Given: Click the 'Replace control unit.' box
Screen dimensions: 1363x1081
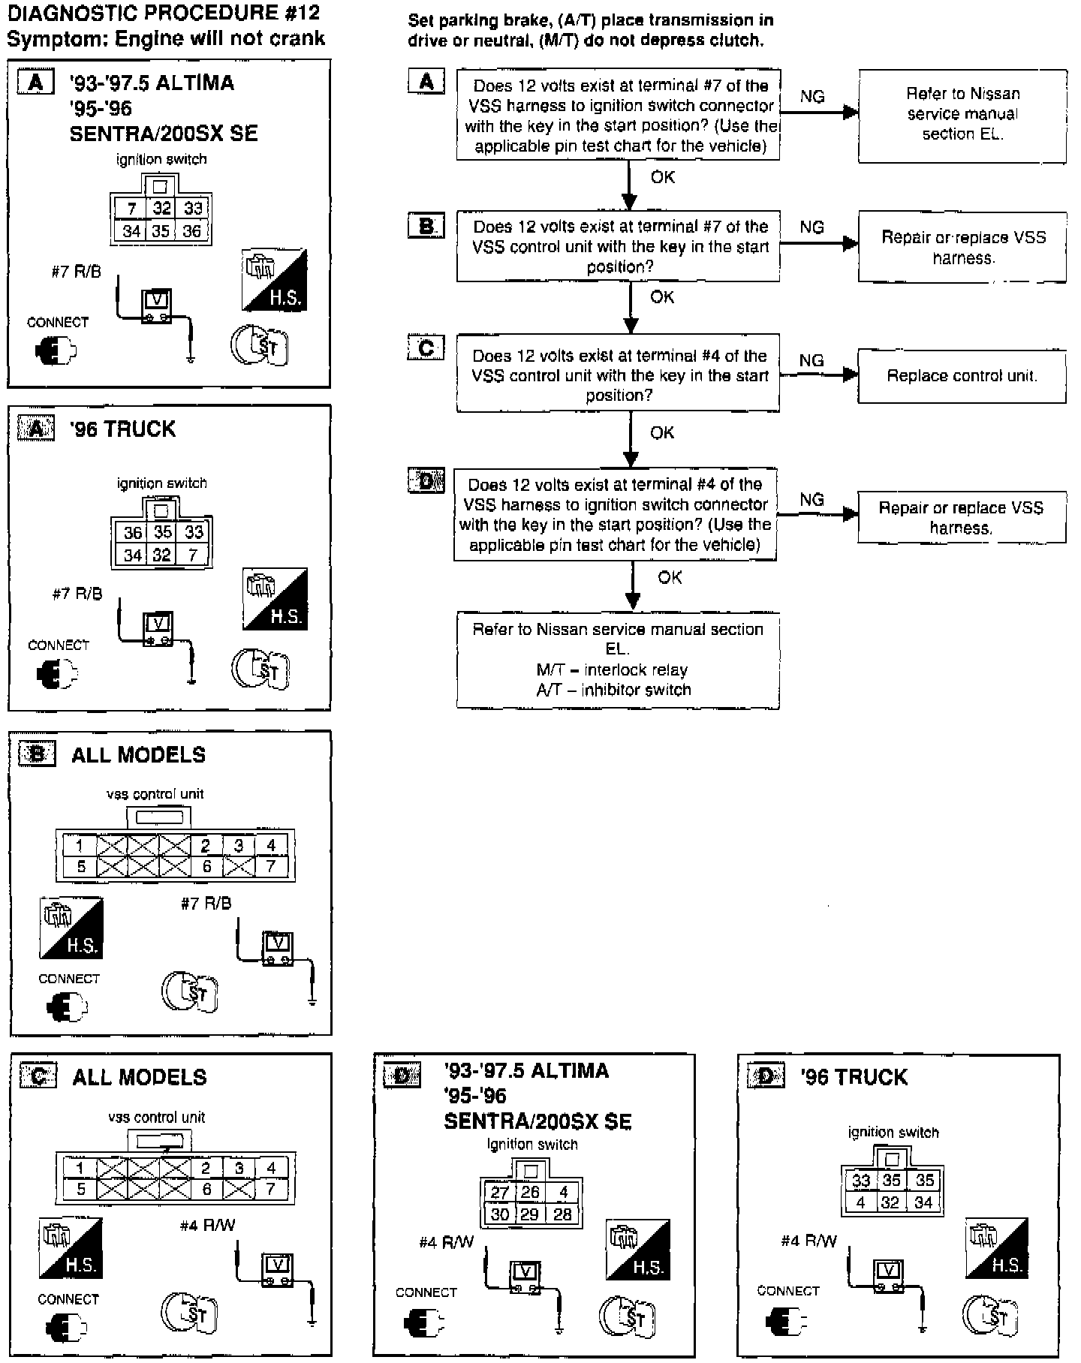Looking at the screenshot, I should click(x=962, y=375).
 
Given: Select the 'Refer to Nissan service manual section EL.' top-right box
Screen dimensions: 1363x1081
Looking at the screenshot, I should click(x=962, y=115).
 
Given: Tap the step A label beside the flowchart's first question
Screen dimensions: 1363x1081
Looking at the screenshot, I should click(x=426, y=81).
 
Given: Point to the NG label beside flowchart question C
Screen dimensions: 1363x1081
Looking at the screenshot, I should click(x=812, y=360).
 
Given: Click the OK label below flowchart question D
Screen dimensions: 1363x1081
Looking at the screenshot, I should click(x=670, y=577).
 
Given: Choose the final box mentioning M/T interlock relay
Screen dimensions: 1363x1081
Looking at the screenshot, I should click(x=617, y=660).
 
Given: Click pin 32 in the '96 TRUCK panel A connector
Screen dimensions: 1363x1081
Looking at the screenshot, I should click(x=162, y=555).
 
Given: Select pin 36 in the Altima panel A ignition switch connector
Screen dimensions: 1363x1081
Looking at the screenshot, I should click(x=192, y=231).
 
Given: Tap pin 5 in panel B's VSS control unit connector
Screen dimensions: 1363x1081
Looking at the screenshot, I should click(x=81, y=867).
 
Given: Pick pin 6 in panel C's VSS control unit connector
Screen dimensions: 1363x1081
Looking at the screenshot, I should click(x=206, y=1189).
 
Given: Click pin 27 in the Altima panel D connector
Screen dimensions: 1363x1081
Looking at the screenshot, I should click(x=499, y=1193).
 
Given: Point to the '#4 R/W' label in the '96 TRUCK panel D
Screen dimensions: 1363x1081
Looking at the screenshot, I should click(x=808, y=1241).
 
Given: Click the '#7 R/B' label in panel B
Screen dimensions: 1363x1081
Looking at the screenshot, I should click(x=206, y=904).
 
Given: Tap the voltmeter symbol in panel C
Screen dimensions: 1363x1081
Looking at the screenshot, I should click(x=277, y=1269).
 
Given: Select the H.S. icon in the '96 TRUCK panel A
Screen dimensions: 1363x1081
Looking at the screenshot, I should click(x=276, y=598).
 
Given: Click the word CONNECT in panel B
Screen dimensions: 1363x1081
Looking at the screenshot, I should click(x=68, y=979).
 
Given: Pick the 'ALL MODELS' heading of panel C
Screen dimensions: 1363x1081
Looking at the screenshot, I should click(x=140, y=1078).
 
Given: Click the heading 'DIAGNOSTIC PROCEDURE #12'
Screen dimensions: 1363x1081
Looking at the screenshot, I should click(x=163, y=13).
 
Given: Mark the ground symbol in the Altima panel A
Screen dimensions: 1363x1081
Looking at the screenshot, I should click(x=191, y=359).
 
